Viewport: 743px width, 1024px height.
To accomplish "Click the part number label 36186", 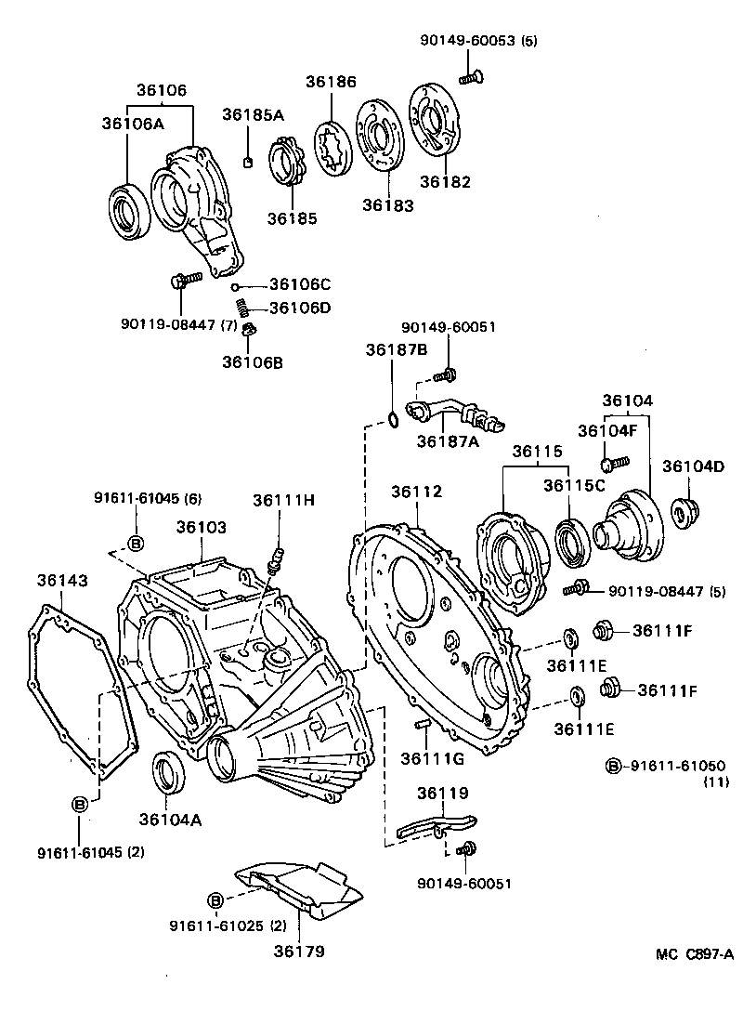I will (x=331, y=82).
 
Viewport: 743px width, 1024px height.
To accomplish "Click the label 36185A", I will (x=253, y=114).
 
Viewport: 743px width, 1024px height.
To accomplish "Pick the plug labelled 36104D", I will (x=688, y=512).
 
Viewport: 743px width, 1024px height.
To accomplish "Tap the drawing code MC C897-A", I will (x=694, y=953).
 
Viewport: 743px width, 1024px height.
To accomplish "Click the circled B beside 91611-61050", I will (x=613, y=767).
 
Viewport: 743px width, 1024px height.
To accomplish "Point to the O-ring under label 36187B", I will (x=394, y=419).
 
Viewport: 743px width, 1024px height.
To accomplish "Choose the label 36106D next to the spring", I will (x=300, y=308).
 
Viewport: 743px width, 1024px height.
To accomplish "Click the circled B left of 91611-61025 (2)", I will (x=215, y=900).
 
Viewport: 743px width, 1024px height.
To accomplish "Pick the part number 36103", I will (x=201, y=527).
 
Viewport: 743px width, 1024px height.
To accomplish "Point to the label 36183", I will (x=387, y=205).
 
